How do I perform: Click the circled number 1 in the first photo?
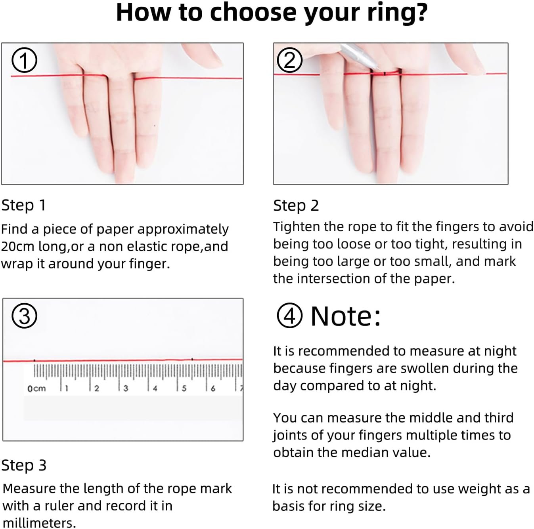pos(24,60)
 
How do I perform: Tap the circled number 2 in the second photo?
pos(289,60)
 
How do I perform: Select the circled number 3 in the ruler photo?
pos(24,316)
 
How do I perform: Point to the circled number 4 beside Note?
pos(289,316)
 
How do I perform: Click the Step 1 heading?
pos(23,206)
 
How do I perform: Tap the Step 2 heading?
pos(296,206)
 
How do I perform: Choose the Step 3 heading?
pos(24,465)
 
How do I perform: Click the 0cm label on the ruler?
pos(36,389)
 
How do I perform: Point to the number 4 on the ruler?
pos(155,389)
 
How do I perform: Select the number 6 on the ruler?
pos(213,389)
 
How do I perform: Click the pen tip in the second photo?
pos(378,68)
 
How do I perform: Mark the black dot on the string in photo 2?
pos(385,74)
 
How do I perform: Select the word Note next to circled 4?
pos(346,316)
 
